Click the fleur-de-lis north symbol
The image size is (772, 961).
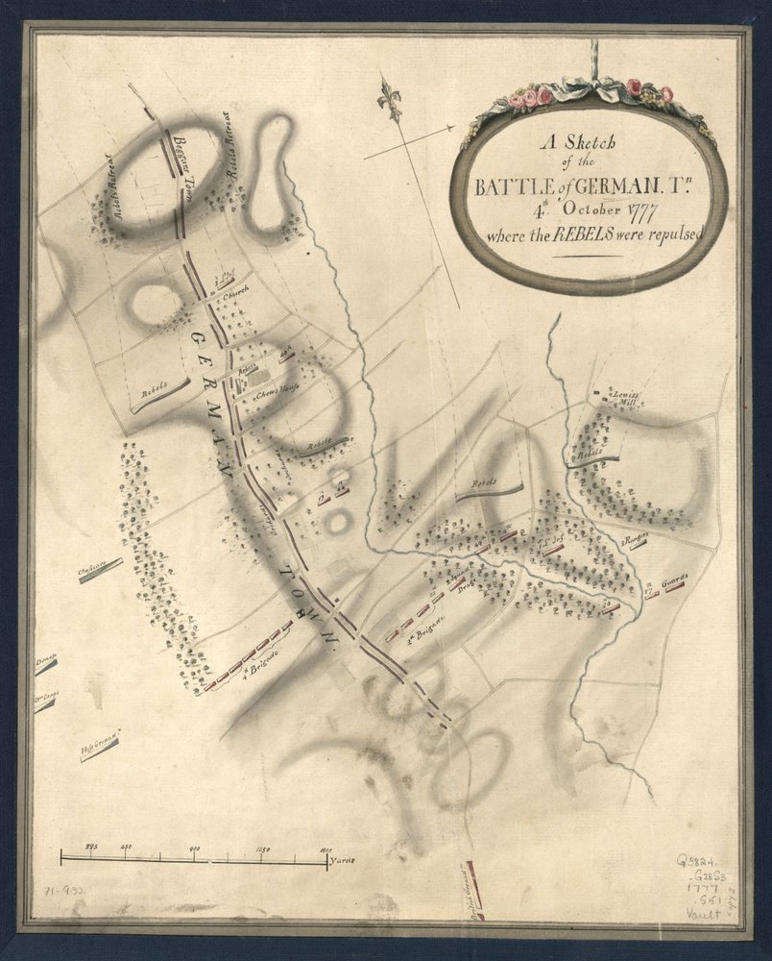tap(390, 100)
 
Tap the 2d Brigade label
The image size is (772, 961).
tap(420, 636)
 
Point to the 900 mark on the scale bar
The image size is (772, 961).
tap(195, 847)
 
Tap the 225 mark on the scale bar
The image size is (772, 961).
tap(93, 846)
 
